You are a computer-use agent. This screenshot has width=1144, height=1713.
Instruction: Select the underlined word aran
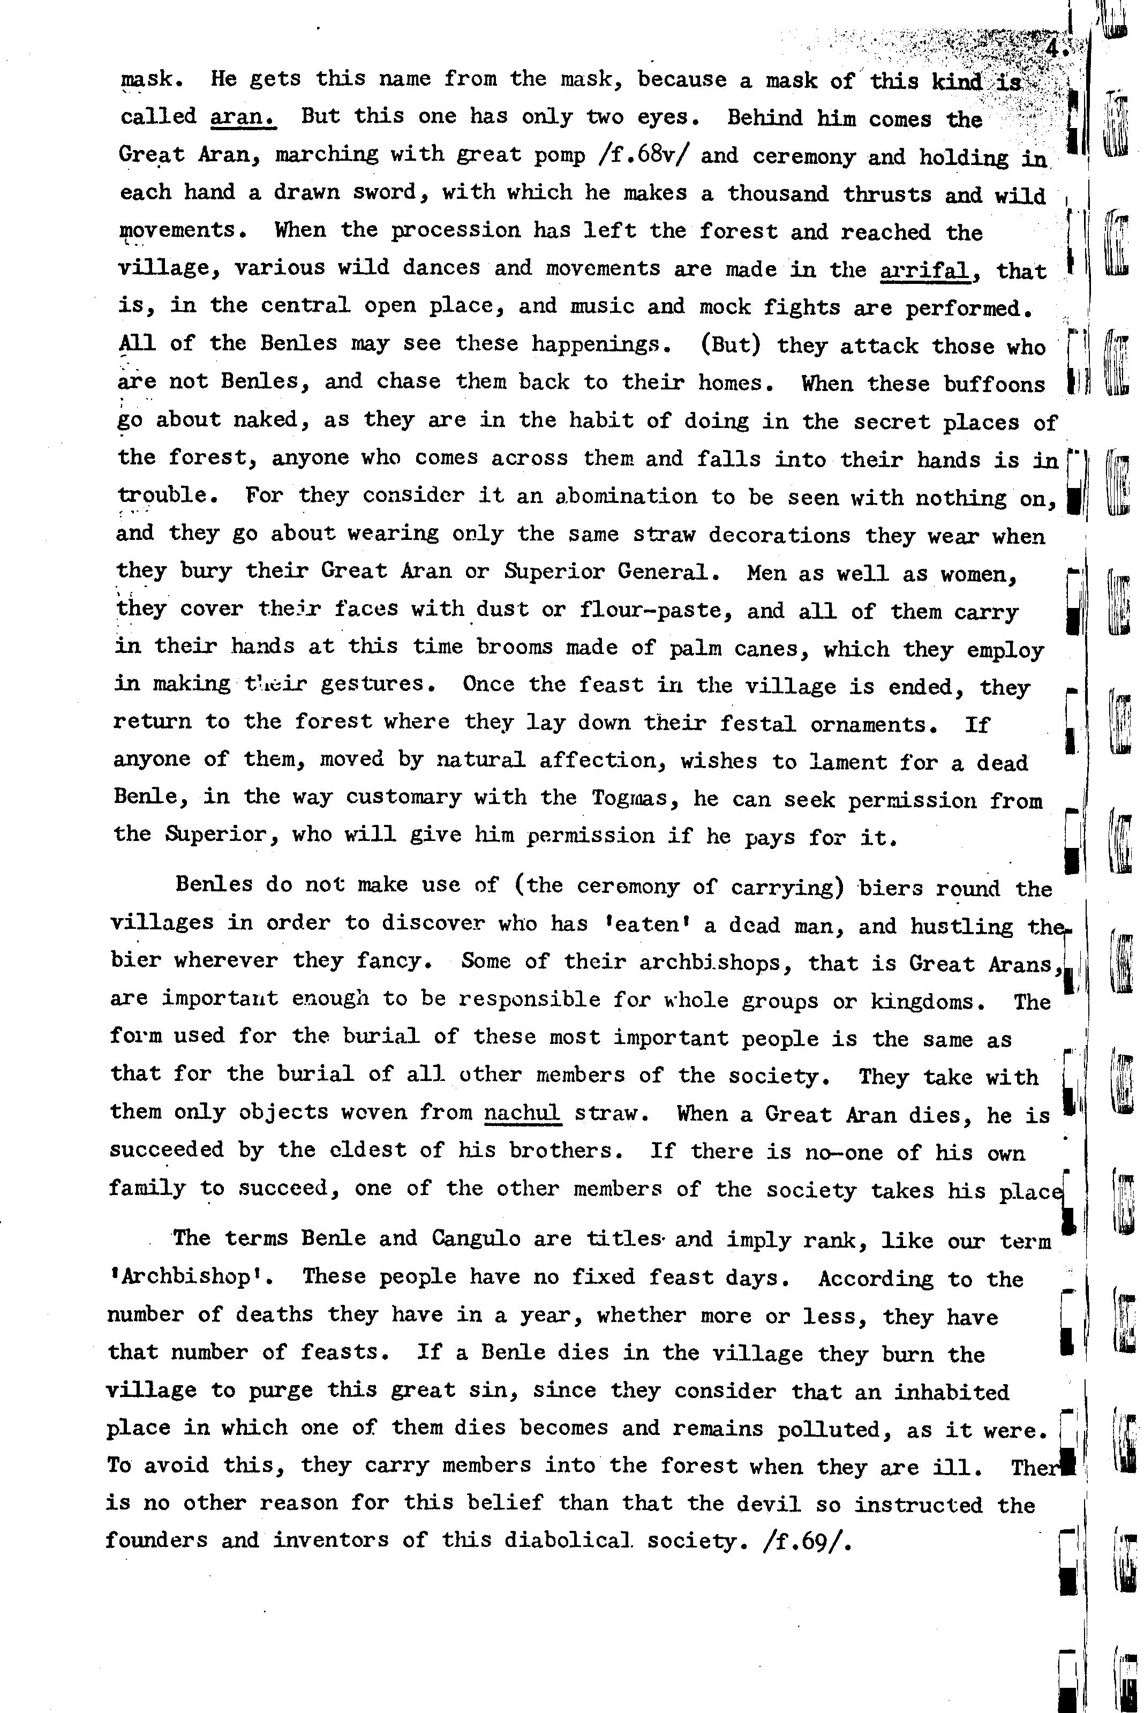coord(243,116)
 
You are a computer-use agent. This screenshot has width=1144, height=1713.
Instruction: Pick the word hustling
coord(961,927)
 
